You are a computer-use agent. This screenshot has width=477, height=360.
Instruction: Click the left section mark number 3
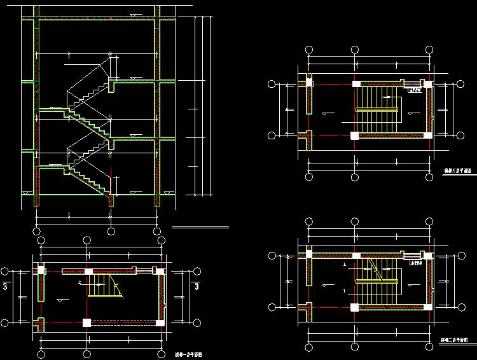tap(6, 287)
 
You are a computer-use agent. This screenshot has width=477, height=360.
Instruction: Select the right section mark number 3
tap(197, 287)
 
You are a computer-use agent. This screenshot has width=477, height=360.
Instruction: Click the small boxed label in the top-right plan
tap(414, 90)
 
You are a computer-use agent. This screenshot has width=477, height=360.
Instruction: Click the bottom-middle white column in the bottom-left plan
tap(86, 322)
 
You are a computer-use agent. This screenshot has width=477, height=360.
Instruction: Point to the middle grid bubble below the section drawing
tap(111, 232)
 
